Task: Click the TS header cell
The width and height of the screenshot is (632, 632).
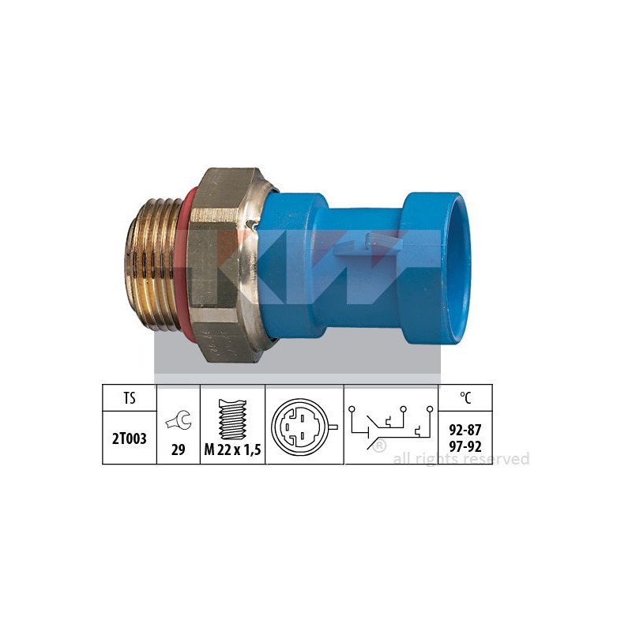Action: pyautogui.click(x=130, y=398)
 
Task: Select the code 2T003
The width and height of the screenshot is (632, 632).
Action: pyautogui.click(x=130, y=438)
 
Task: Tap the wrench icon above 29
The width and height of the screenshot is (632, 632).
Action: pyautogui.click(x=179, y=420)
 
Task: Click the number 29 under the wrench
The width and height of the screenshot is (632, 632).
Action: pyautogui.click(x=179, y=450)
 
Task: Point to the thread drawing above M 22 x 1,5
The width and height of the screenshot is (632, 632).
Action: pyautogui.click(x=232, y=419)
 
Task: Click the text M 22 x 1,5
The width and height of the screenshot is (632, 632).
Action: pyautogui.click(x=232, y=450)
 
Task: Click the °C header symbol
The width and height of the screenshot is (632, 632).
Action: pyautogui.click(x=465, y=398)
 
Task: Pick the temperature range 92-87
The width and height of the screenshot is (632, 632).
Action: pyautogui.click(x=465, y=430)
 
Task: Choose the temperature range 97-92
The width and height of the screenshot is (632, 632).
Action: pyautogui.click(x=465, y=446)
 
